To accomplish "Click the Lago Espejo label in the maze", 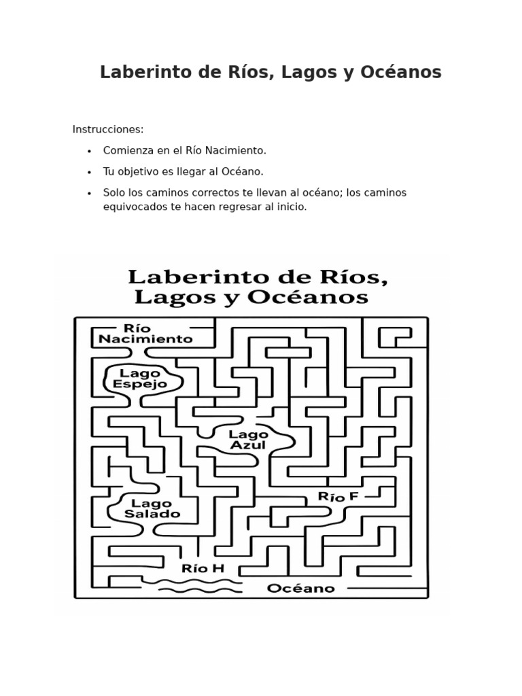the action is tap(139, 379).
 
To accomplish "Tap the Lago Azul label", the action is tap(248, 440).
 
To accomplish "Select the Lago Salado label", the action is tap(152, 508).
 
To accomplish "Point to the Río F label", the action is tap(338, 497).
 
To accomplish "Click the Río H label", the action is tap(203, 568).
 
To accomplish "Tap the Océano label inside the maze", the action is tap(300, 589).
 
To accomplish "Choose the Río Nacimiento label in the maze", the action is tap(145, 333).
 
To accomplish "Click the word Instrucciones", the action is tap(108, 130).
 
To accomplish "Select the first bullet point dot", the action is tap(89, 151).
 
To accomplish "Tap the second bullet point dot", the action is tap(89, 172).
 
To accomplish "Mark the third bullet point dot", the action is tap(89, 193).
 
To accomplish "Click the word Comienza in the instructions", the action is tap(127, 150).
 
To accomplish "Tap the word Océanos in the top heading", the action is tap(406, 73).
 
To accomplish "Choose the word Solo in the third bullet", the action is tap(114, 193).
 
